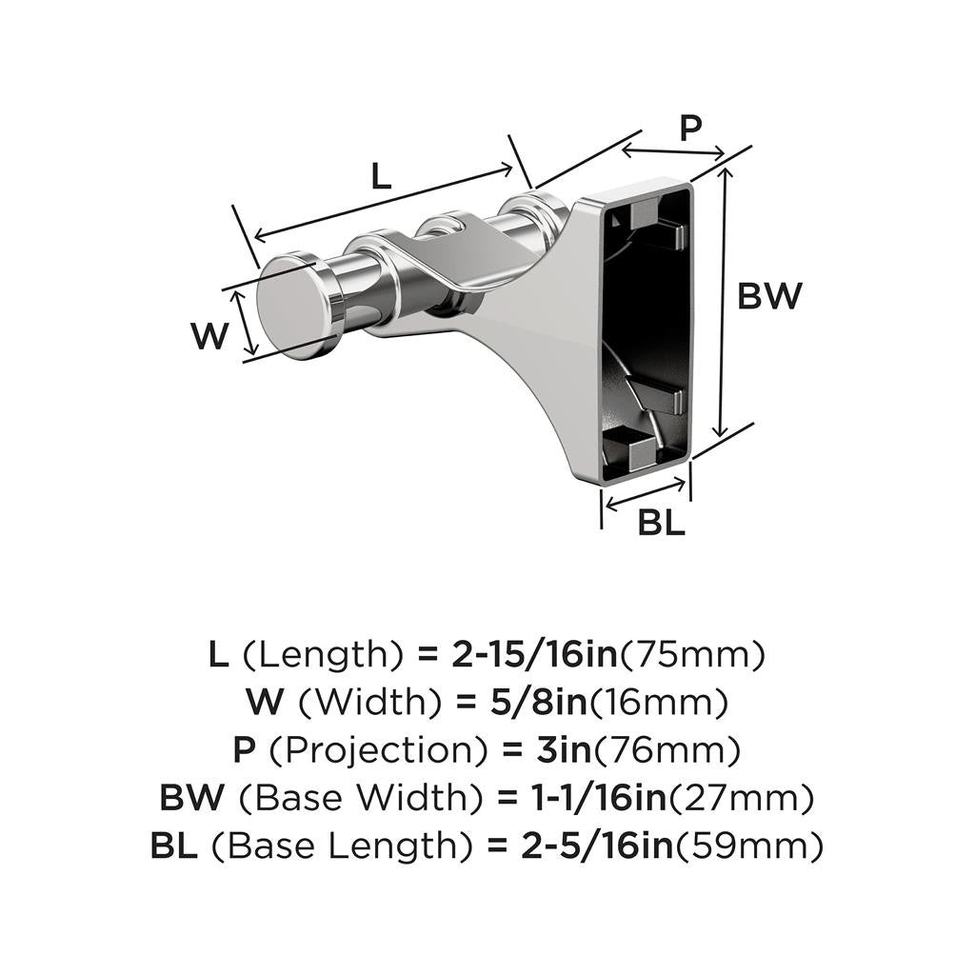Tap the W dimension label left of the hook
coord(209,335)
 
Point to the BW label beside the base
coord(770,296)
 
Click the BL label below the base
coord(661,523)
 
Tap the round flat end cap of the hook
coord(295,306)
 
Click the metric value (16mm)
coord(660,703)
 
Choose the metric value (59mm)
coord(749,846)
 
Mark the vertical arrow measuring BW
coord(726,300)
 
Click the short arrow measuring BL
coord(647,492)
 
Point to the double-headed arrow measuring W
coord(248,323)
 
